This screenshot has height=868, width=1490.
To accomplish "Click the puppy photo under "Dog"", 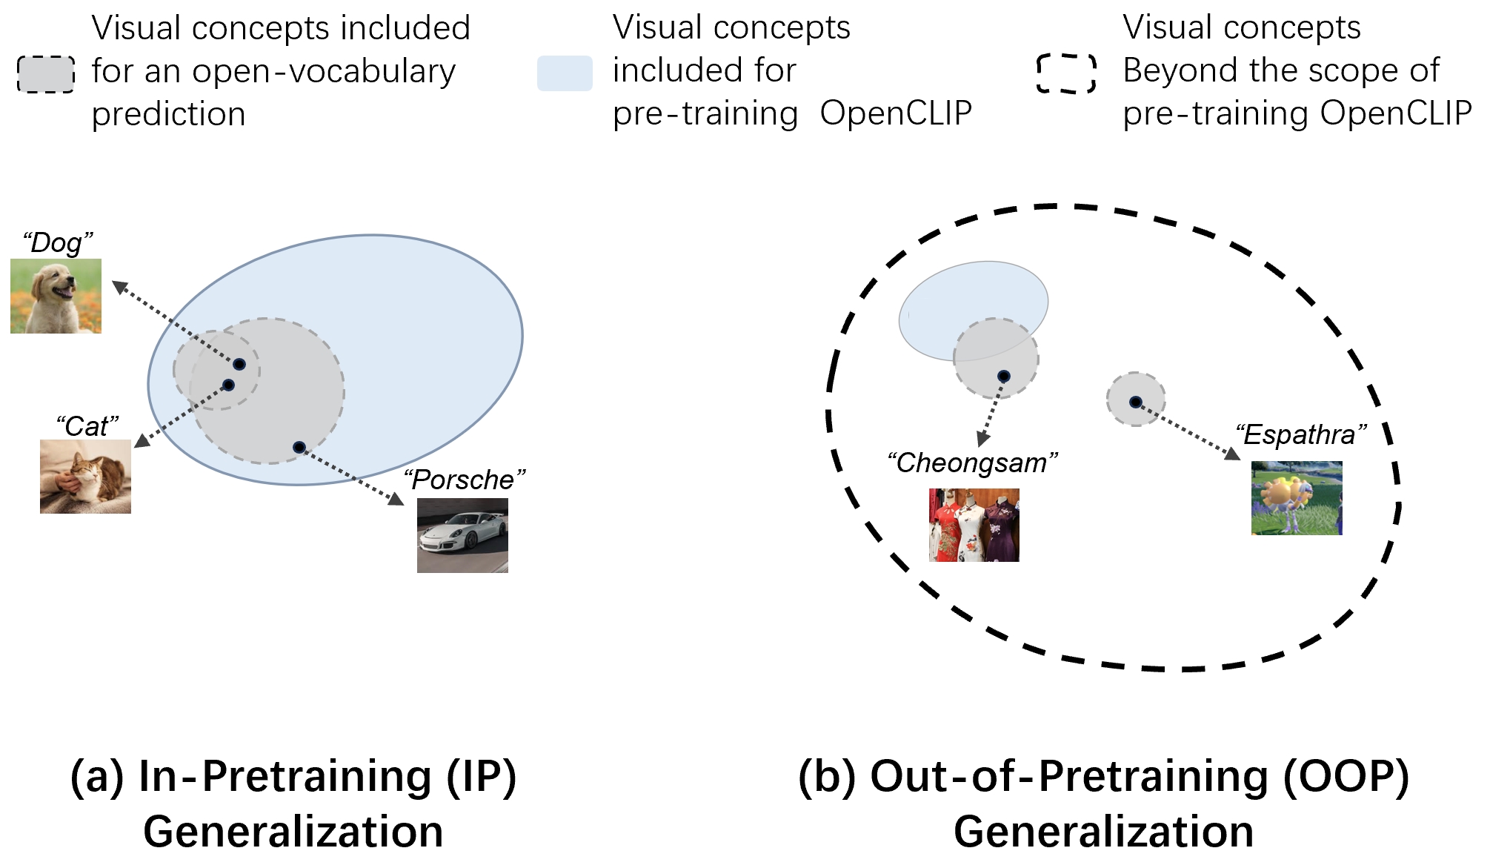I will pyautogui.click(x=56, y=296).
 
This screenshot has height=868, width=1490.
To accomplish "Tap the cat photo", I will pyautogui.click(x=85, y=477).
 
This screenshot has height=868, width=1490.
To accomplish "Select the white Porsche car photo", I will pyautogui.click(x=462, y=535).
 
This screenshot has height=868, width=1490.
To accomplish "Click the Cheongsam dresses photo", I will pyautogui.click(x=974, y=525).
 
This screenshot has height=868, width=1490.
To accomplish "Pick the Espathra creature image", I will pyautogui.click(x=1296, y=498).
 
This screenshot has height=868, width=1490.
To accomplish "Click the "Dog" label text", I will pyautogui.click(x=58, y=243).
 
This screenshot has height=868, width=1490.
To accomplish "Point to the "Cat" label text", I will pyautogui.click(x=87, y=426).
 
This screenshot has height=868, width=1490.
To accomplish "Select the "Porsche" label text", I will pyautogui.click(x=465, y=480).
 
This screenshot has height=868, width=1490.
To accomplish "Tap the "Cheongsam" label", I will pyautogui.click(x=972, y=463).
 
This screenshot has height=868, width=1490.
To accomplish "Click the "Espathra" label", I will pyautogui.click(x=1300, y=434).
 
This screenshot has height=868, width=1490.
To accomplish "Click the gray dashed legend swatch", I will pyautogui.click(x=46, y=74).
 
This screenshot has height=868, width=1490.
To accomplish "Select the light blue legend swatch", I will pyautogui.click(x=565, y=73).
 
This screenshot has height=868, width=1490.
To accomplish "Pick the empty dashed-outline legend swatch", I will pyautogui.click(x=1066, y=73).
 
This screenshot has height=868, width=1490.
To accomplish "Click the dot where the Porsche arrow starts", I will pyautogui.click(x=299, y=447).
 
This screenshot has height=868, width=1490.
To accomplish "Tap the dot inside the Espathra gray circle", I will pyautogui.click(x=1135, y=402).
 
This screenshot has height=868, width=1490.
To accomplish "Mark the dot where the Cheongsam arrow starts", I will pyautogui.click(x=1003, y=377).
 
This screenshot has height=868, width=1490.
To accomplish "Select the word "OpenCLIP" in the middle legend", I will pyautogui.click(x=896, y=113).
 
